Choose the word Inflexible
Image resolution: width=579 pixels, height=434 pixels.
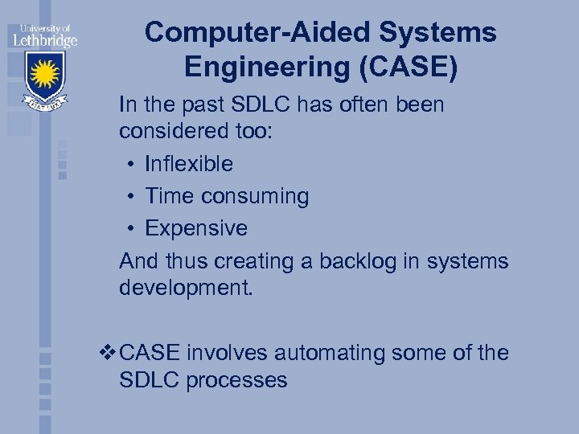[189, 164]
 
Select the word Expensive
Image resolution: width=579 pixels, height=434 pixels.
[196, 228]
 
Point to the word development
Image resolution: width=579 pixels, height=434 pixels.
[186, 288]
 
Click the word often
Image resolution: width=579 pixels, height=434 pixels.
[358, 104]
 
